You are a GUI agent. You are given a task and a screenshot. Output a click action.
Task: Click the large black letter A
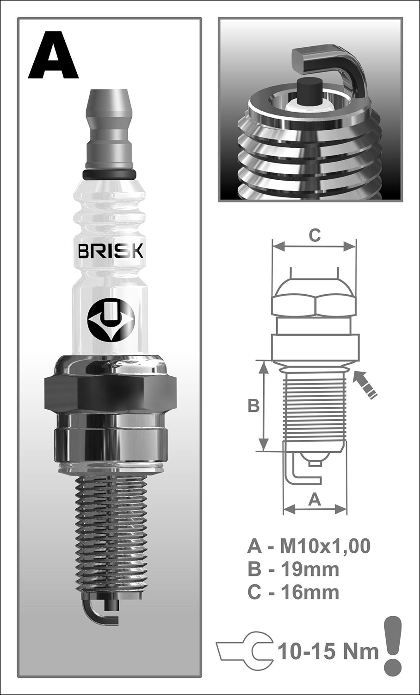tap(53, 55)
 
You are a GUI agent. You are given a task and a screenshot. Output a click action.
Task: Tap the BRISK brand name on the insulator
tap(111, 251)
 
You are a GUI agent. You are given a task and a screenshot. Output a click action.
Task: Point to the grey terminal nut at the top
tap(110, 130)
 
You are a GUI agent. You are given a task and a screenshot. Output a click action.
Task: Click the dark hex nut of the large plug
tap(110, 393)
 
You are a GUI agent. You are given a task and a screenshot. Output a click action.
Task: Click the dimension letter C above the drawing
tap(315, 236)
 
